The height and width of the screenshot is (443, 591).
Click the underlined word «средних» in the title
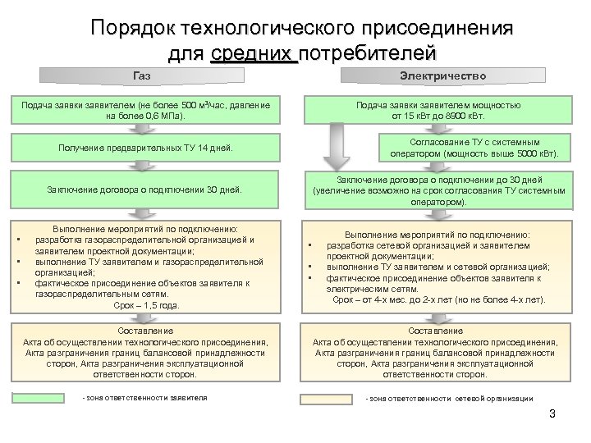click(254, 54)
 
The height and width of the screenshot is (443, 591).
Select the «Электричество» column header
click(442, 76)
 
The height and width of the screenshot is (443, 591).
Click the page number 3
click(552, 413)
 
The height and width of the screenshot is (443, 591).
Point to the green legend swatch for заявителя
click(45, 399)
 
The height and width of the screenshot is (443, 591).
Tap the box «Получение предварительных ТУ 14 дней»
click(146, 148)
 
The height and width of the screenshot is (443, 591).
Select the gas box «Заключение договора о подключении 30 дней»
click(146, 190)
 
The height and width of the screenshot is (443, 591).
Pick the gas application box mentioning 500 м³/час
click(146, 111)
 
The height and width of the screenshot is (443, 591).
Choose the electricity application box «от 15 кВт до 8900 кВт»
click(438, 111)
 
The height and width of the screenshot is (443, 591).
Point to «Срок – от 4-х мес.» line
click(438, 300)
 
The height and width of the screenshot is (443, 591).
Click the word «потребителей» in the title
click(364, 54)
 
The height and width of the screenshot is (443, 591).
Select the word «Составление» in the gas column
click(146, 332)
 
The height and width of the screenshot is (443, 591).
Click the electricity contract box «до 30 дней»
click(438, 190)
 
